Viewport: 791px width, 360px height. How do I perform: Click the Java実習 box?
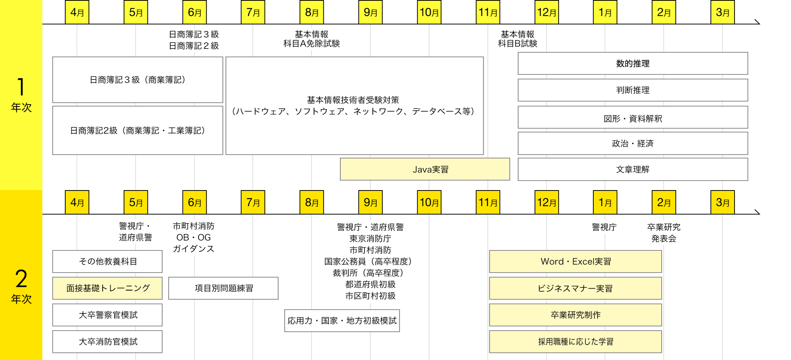tap(425, 169)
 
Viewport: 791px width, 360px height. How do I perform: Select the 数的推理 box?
tap(633, 63)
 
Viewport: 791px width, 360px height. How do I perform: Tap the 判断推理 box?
tap(633, 90)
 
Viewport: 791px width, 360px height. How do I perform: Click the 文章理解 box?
tap(633, 169)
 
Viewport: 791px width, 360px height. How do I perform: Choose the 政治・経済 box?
tap(633, 144)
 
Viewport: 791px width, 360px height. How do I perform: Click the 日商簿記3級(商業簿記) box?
tap(137, 80)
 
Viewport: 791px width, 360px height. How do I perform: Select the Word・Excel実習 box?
tap(575, 262)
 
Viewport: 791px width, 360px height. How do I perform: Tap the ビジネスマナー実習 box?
tap(575, 288)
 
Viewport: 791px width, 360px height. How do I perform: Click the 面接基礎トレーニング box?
tap(107, 288)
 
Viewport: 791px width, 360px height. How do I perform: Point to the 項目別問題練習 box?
tap(223, 288)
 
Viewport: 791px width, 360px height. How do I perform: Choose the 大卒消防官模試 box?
tap(107, 342)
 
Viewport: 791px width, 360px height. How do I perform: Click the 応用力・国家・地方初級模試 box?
tap(342, 321)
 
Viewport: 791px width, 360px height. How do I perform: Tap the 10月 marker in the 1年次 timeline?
tap(429, 12)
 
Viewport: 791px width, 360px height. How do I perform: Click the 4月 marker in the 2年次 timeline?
tap(77, 202)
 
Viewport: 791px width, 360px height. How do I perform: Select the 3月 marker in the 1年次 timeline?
tap(722, 12)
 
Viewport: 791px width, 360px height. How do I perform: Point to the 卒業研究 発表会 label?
tap(663, 233)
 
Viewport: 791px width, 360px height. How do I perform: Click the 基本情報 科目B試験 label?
tap(517, 39)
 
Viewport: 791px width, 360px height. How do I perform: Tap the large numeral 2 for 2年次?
tap(21, 279)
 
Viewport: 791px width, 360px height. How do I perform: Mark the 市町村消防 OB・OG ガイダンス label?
tap(194, 237)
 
